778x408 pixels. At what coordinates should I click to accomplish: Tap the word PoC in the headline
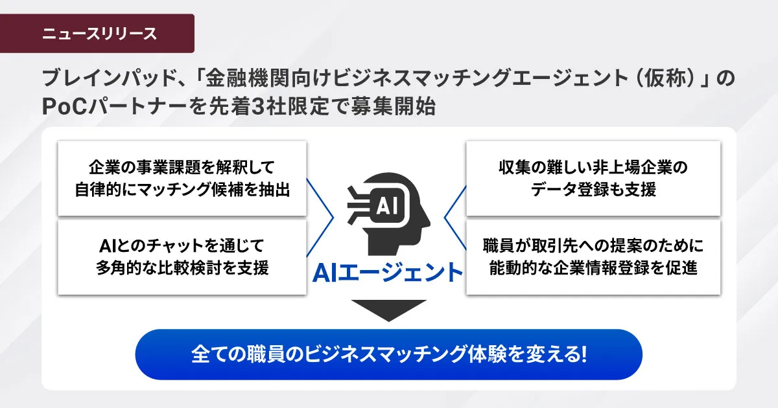(x=64, y=106)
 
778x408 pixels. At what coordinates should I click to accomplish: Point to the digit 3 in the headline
(x=257, y=106)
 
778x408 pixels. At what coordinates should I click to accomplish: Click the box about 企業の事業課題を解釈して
(x=182, y=178)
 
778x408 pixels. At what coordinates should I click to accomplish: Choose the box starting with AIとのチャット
(x=182, y=257)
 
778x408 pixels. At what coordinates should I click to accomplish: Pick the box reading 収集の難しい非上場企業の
(x=593, y=178)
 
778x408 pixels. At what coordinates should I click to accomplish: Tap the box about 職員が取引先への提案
(x=593, y=257)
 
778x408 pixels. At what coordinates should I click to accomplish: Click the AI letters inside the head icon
(x=387, y=206)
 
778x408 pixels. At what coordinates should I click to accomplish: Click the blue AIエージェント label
(x=388, y=273)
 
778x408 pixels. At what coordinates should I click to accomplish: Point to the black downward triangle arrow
(x=388, y=309)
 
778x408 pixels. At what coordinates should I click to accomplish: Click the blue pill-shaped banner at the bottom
(x=388, y=354)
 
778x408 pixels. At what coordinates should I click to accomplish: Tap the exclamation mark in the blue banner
(x=583, y=354)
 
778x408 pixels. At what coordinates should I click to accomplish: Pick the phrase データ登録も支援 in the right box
(x=593, y=190)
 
